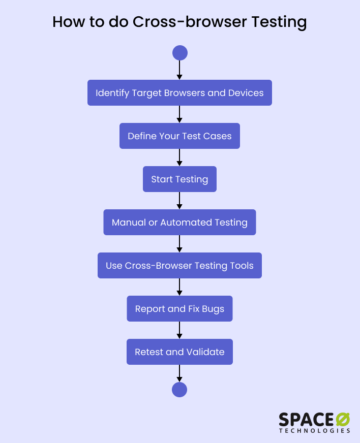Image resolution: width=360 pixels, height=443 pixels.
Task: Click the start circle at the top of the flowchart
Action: pos(180,53)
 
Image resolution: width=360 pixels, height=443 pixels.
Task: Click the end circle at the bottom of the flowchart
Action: pos(179,390)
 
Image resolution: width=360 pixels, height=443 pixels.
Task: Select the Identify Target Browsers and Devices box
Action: pos(179,93)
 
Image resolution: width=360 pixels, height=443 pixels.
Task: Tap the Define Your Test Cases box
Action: pos(179,136)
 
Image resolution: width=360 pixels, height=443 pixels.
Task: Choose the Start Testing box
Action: pos(179,179)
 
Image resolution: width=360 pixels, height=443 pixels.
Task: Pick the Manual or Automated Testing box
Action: pos(179,223)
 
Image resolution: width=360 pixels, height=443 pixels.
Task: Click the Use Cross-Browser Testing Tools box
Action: pos(179,266)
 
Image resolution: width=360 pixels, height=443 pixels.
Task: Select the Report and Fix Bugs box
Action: pos(179,309)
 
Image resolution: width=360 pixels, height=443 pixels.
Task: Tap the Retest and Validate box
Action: pos(179,352)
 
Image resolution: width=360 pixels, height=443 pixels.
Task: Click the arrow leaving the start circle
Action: pos(179,70)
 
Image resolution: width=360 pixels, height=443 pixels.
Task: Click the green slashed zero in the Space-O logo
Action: pos(343,419)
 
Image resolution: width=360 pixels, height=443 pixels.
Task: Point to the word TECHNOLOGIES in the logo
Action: pos(314,430)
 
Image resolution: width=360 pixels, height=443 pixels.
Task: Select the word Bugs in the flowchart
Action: pos(213,309)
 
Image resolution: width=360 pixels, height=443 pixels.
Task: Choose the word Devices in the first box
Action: pos(246,93)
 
